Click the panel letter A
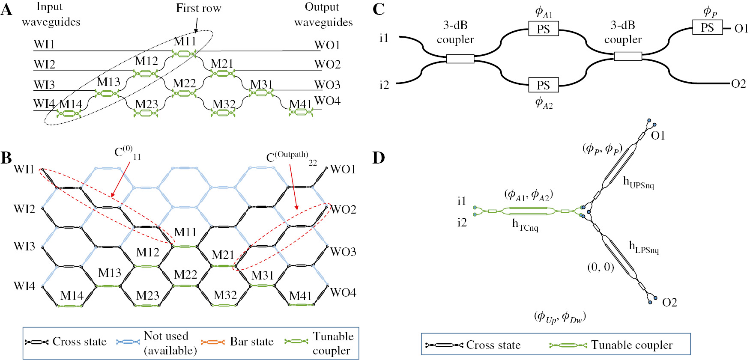[6, 9]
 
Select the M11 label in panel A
[185, 42]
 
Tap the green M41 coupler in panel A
[301, 113]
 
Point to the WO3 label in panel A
[327, 85]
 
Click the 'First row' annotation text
[198, 8]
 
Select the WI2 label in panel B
[24, 209]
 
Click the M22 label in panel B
[185, 274]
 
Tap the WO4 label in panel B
[343, 292]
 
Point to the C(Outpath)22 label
[291, 158]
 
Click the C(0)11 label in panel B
[127, 152]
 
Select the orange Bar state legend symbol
[213, 342]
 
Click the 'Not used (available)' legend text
[170, 343]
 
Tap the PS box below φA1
[543, 29]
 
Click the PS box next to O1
[707, 28]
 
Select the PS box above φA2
[543, 85]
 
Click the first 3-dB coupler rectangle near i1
[460, 59]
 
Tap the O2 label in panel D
[669, 303]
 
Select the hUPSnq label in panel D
[638, 183]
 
